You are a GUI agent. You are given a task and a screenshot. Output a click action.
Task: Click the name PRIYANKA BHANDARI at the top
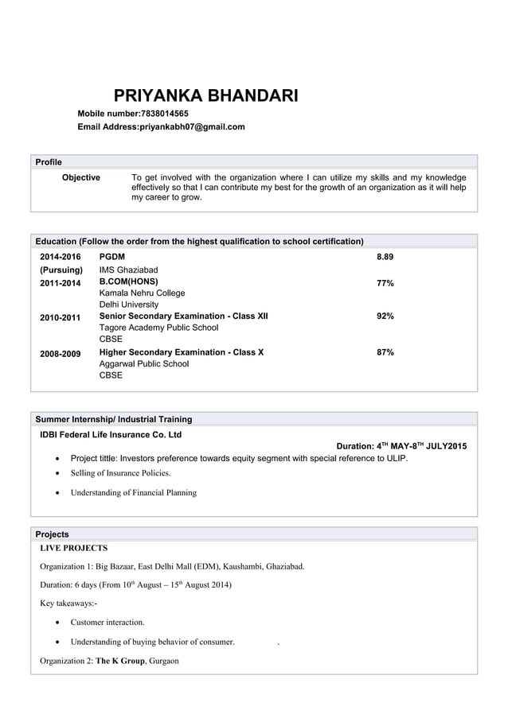click(206, 97)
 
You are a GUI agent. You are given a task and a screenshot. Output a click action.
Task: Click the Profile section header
click(49, 162)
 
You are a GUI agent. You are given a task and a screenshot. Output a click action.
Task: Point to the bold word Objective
click(81, 177)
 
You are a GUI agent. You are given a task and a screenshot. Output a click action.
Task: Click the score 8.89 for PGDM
click(385, 257)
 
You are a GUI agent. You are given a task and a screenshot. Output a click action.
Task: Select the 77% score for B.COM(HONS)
click(385, 283)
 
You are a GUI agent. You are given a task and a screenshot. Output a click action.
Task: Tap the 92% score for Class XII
click(385, 316)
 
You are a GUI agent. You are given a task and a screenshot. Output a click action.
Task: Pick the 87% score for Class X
click(385, 351)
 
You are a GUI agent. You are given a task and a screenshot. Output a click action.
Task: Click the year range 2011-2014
click(61, 283)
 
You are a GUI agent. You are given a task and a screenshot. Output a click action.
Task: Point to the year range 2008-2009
click(61, 352)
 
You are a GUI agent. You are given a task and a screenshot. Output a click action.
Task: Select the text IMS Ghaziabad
click(128, 270)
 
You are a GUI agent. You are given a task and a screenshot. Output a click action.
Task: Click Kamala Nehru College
click(142, 293)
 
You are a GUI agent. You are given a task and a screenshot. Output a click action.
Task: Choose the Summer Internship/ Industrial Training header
click(113, 419)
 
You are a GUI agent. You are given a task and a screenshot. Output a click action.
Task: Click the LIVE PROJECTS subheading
click(73, 548)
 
